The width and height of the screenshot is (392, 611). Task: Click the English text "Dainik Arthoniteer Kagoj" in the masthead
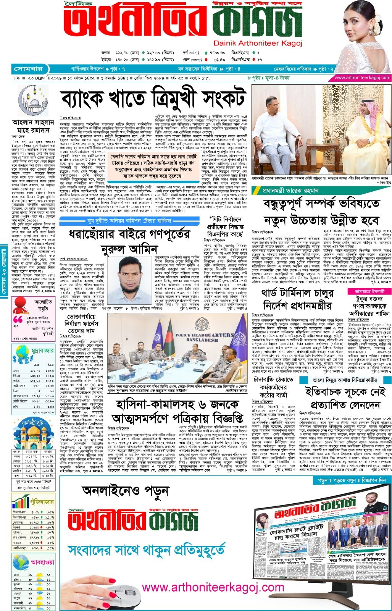tap(258, 44)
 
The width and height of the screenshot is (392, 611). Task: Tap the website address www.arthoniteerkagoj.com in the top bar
tap(362, 78)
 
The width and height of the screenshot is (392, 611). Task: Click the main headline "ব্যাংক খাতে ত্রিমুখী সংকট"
tap(152, 98)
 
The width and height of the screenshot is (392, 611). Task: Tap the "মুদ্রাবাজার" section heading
tap(42, 350)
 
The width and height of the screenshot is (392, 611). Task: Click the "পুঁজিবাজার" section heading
tap(42, 501)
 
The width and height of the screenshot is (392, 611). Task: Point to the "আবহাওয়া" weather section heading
tap(42, 562)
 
